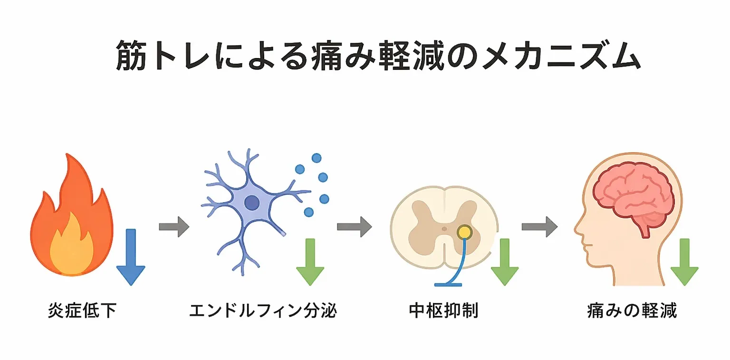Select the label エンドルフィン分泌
coord(263,311)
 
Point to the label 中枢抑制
coord(443,311)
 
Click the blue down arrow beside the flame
coord(130,257)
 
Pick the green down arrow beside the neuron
coord(310,262)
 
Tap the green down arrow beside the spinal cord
coord(504,262)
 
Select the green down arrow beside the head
coord(684,262)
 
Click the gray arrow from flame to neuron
coord(174,227)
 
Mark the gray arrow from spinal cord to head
coord(539,226)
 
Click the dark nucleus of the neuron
coord(252,203)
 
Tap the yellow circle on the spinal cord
coord(464,232)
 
